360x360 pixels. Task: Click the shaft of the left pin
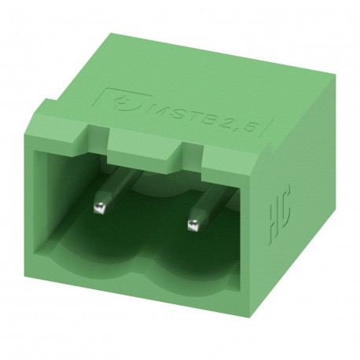coord(108,188)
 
